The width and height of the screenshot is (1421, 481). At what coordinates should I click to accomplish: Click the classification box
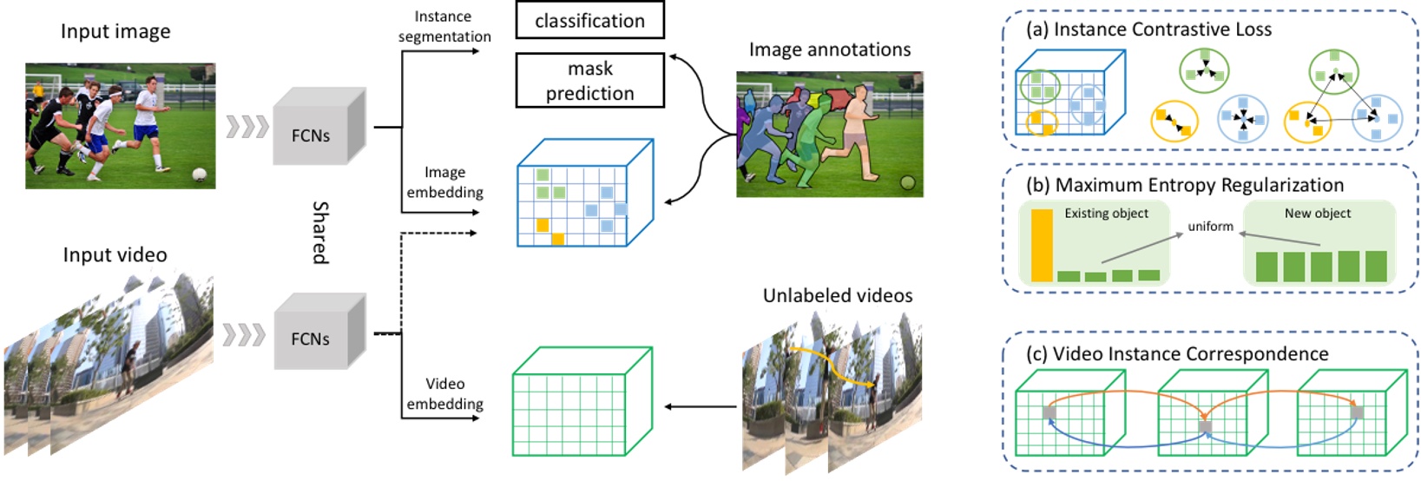[x=589, y=21]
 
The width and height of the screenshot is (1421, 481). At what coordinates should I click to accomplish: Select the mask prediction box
[x=589, y=81]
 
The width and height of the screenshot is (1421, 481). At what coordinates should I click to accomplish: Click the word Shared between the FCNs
[x=320, y=233]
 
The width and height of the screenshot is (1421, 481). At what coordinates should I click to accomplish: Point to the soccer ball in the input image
[x=199, y=174]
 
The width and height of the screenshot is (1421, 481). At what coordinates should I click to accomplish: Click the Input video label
[x=115, y=255]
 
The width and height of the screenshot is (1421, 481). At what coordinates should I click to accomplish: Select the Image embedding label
[x=444, y=182]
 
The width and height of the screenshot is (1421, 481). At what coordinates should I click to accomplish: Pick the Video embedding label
[x=444, y=393]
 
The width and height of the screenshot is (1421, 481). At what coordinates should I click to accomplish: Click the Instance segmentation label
[x=444, y=26]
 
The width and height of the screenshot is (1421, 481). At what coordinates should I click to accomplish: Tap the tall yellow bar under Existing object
[x=1041, y=246]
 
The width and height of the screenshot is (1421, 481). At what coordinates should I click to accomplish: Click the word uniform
[x=1210, y=227]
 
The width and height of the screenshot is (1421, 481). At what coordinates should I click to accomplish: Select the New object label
[x=1317, y=214]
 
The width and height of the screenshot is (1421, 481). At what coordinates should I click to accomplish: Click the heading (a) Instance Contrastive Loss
[x=1148, y=30]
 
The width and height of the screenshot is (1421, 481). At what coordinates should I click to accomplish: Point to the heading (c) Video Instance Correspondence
[x=1177, y=354]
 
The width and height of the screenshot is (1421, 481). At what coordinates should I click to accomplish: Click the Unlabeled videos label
[x=838, y=296]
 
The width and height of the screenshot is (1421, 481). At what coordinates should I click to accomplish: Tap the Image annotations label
[x=830, y=50]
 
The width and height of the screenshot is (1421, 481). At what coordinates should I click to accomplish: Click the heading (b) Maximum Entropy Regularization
[x=1185, y=185]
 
